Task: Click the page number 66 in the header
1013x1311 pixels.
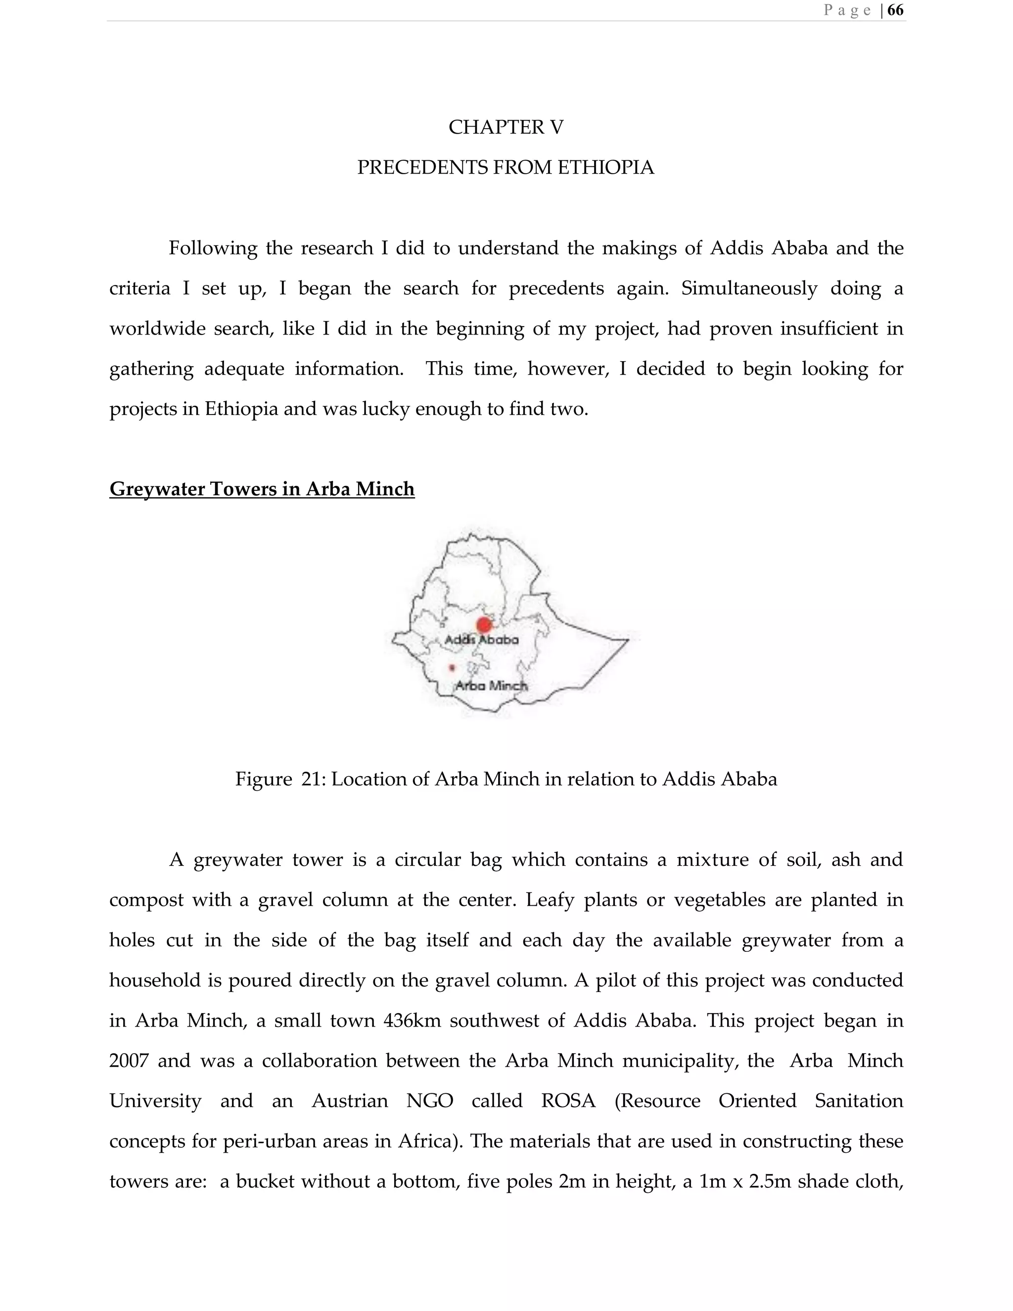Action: tap(895, 10)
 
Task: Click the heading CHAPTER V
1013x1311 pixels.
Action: tap(506, 127)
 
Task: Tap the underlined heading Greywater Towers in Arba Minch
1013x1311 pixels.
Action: tap(262, 489)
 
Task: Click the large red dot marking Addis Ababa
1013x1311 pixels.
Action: tap(484, 625)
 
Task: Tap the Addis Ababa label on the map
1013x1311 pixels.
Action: tap(481, 640)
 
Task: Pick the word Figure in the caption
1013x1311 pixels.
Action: tap(264, 779)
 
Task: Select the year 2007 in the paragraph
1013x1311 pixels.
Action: tap(129, 1061)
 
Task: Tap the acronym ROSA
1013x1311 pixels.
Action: tap(568, 1101)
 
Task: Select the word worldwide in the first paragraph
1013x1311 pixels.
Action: tap(157, 329)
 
